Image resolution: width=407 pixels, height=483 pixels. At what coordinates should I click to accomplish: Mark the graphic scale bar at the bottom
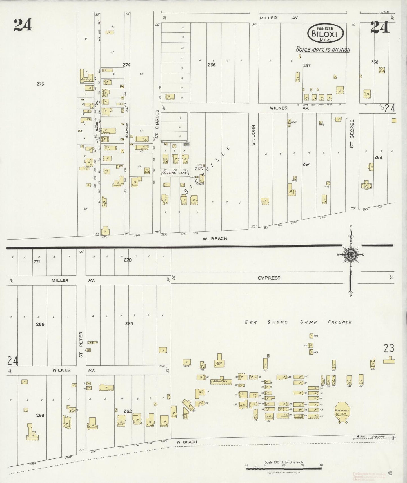coord(284,468)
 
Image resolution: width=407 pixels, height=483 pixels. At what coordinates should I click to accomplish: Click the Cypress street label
coord(269,278)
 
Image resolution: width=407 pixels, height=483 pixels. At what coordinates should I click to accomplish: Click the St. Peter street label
coord(81,344)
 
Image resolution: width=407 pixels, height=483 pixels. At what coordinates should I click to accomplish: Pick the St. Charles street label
coord(157,124)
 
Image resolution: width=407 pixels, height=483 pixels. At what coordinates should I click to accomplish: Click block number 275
coord(40,84)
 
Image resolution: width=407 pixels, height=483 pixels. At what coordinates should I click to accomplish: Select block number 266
coord(212,65)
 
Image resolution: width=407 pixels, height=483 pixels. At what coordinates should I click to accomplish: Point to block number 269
coord(129,324)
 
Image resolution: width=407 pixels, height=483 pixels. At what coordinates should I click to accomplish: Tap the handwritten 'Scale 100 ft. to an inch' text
coord(323,50)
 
